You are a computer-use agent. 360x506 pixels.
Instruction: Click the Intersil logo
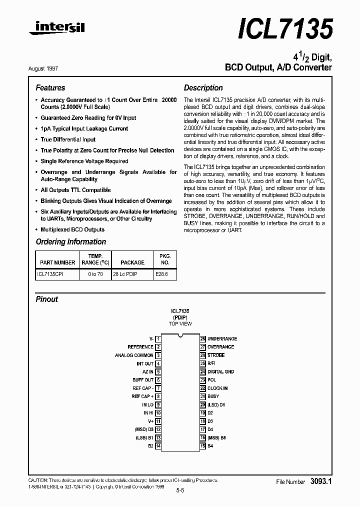click(56, 29)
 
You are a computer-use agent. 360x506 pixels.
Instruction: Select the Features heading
click(50, 88)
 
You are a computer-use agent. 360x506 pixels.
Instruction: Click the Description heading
click(203, 88)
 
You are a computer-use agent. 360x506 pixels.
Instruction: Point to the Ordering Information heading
click(70, 242)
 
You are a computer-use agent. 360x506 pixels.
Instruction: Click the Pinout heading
click(46, 299)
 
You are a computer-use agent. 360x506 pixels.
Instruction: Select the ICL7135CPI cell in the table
click(50, 274)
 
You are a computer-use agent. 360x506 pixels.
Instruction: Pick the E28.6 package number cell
click(161, 274)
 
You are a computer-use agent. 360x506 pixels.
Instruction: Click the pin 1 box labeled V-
click(158, 338)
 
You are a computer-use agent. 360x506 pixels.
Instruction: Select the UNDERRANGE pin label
click(222, 338)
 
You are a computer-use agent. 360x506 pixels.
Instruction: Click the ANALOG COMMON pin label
click(134, 355)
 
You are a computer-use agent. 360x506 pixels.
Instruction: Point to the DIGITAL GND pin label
click(220, 371)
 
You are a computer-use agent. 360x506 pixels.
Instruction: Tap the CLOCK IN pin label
click(217, 388)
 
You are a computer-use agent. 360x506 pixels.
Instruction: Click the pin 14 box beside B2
click(158, 445)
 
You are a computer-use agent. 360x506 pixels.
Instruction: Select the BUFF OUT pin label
click(143, 380)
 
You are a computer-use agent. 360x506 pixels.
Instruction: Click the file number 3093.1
click(321, 481)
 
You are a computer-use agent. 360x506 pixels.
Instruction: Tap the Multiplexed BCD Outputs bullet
click(72, 229)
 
